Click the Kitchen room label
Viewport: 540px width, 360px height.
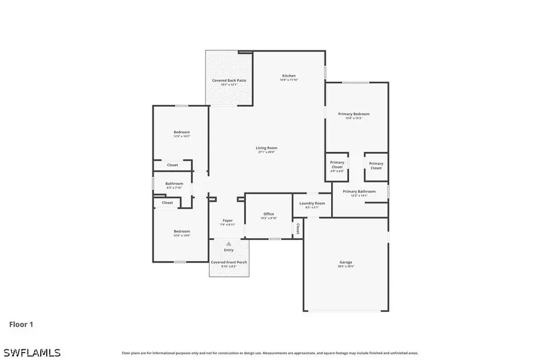pyautogui.click(x=289, y=76)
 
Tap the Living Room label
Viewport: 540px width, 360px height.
pyautogui.click(x=267, y=148)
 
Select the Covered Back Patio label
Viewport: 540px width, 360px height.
pyautogui.click(x=229, y=80)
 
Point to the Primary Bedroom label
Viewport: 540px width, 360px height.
pyautogui.click(x=353, y=114)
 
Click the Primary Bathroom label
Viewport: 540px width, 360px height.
pyautogui.click(x=359, y=192)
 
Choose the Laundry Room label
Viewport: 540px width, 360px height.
pyautogui.click(x=312, y=203)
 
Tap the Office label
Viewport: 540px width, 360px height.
pyautogui.click(x=269, y=214)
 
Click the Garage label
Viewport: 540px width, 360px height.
pyautogui.click(x=346, y=262)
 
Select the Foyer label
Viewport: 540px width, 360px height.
pyautogui.click(x=227, y=221)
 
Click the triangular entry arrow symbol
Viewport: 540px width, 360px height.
pyautogui.click(x=229, y=243)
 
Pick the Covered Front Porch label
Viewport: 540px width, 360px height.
pyautogui.click(x=229, y=262)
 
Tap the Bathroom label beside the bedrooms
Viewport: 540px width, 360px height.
pyautogui.click(x=174, y=184)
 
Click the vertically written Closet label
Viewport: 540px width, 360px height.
pyautogui.click(x=298, y=229)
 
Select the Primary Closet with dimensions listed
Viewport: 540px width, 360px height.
pyautogui.click(x=337, y=165)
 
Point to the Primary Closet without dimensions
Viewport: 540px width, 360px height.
pyautogui.click(x=376, y=166)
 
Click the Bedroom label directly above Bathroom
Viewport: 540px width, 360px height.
pyautogui.click(x=182, y=133)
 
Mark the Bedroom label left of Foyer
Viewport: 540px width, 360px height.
pyautogui.click(x=182, y=232)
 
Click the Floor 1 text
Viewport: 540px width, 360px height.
pyautogui.click(x=21, y=325)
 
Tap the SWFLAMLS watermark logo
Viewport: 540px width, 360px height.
pyautogui.click(x=31, y=352)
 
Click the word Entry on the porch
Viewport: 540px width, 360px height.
pyautogui.click(x=229, y=250)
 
